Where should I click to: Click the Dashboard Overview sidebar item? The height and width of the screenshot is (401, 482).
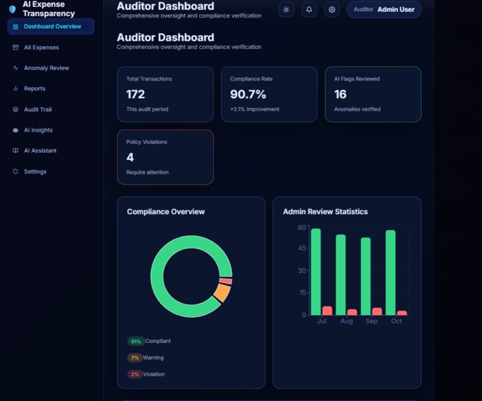click(51, 27)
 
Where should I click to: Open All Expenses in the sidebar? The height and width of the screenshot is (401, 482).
click(41, 48)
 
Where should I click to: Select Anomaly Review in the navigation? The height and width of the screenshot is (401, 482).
click(46, 68)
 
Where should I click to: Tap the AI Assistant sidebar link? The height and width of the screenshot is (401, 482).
click(40, 150)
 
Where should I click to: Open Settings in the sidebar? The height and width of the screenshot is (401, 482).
click(35, 171)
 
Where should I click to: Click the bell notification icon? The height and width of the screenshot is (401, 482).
click(309, 10)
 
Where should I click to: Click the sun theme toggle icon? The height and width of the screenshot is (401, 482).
click(286, 10)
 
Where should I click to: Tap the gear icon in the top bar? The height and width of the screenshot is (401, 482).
click(332, 10)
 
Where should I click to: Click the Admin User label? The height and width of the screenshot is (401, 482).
click(395, 10)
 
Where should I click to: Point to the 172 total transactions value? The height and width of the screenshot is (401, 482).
click(136, 94)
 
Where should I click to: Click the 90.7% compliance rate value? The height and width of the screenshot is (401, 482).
click(248, 94)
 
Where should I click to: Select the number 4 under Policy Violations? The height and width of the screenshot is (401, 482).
click(130, 157)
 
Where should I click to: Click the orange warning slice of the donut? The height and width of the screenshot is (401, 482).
click(221, 293)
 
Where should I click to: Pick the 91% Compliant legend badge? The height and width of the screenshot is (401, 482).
click(135, 342)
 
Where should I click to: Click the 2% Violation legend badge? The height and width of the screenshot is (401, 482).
click(135, 374)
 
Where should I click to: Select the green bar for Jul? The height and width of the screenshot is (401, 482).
click(316, 272)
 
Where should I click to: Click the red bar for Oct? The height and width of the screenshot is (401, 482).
click(402, 313)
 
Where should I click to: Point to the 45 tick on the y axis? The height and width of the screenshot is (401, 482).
click(302, 248)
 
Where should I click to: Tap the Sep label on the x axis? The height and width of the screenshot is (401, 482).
click(372, 321)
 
